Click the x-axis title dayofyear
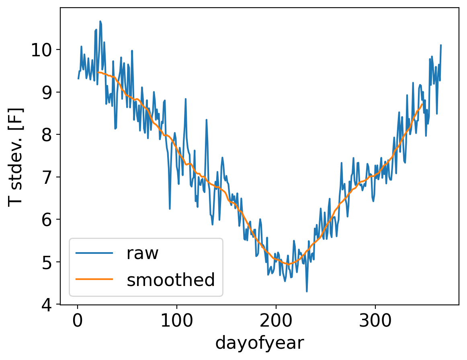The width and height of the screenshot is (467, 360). (260, 343)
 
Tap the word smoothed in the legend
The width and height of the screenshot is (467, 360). (171, 280)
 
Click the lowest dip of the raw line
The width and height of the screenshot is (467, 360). (307, 292)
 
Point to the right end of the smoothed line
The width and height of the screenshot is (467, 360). (422, 104)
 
